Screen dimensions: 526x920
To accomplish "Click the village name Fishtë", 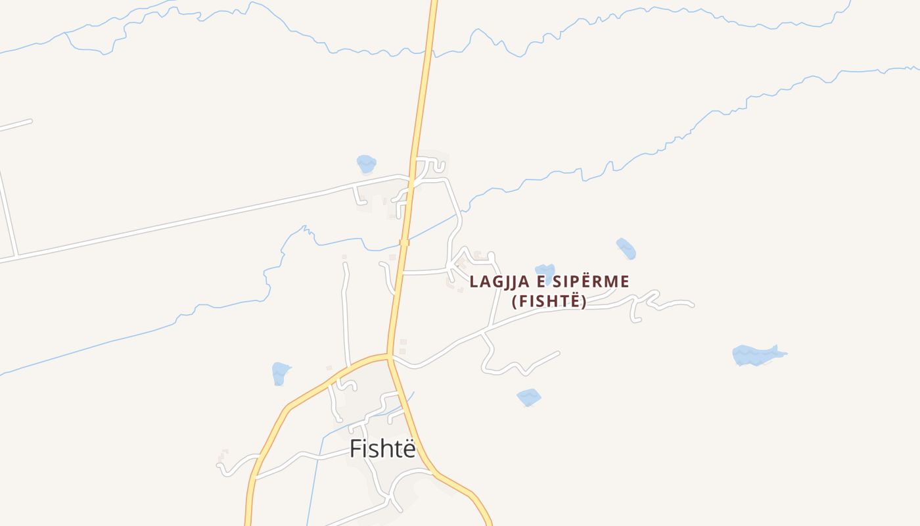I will (x=382, y=448).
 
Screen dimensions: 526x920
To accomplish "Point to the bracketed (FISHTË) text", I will (x=549, y=302).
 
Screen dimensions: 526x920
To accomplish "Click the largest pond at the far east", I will (x=756, y=355).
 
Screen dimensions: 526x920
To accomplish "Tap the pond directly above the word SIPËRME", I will (x=545, y=272).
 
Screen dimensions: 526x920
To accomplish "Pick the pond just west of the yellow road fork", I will (x=281, y=373).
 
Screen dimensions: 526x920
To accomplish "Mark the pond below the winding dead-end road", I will (x=528, y=396).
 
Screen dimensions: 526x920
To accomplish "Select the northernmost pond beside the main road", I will (x=366, y=163).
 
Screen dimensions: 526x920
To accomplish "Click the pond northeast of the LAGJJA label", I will (x=626, y=249).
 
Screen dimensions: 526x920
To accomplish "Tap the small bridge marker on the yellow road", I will (x=404, y=243).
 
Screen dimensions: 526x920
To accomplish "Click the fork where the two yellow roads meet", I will (x=389, y=358).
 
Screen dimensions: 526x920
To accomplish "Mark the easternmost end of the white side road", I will (x=692, y=304).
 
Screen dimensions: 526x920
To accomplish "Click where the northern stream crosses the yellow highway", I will (x=429, y=51).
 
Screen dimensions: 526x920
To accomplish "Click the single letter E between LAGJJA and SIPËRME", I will (x=539, y=282).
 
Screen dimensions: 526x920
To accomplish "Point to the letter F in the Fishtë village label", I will (x=356, y=448).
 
